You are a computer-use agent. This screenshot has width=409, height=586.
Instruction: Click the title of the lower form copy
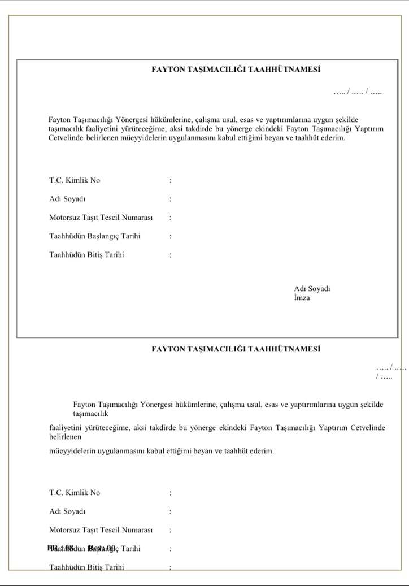[x=236, y=349]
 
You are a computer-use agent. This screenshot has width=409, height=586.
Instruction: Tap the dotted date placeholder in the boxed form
[x=357, y=92]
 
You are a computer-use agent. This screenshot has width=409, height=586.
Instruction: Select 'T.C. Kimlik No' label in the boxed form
[x=75, y=180]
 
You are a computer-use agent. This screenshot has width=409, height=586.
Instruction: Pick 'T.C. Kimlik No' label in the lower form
[x=75, y=492]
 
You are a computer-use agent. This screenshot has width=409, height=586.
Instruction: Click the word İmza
[x=302, y=298]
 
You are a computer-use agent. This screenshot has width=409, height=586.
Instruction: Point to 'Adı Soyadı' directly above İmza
[x=312, y=289]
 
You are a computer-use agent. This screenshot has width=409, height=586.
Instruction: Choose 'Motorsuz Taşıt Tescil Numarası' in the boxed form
[x=101, y=218]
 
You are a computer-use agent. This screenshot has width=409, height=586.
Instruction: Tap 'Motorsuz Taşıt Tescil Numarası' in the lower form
[x=101, y=529]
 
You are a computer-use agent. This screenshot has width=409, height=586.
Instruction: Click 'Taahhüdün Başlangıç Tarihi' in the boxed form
[x=95, y=236]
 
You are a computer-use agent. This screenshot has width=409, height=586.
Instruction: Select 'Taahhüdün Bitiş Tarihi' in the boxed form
[x=86, y=255]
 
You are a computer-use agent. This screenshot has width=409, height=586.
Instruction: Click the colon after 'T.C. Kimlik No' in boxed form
[x=170, y=181]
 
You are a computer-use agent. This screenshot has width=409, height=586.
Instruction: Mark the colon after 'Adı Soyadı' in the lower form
[x=170, y=511]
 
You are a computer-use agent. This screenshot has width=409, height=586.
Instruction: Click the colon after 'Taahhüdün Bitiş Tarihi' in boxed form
[x=170, y=255]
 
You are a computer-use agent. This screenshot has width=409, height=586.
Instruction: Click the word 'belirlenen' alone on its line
[x=66, y=437]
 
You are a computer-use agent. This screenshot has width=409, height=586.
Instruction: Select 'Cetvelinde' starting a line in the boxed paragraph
[x=66, y=137]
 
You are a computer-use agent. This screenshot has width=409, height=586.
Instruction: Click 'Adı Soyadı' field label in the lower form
[x=67, y=511]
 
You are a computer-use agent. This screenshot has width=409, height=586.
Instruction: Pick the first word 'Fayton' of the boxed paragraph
[x=59, y=120]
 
